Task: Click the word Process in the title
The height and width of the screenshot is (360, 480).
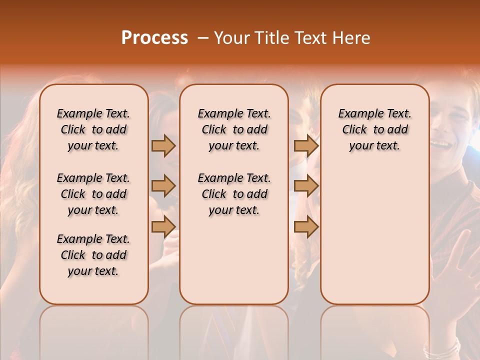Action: [x=154, y=38]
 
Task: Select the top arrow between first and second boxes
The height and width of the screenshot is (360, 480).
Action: [x=163, y=145]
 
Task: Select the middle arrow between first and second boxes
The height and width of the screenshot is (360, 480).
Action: [x=163, y=186]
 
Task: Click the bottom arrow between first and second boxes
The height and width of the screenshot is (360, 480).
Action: [x=163, y=226]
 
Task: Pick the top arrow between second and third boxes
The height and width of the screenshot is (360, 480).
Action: [x=306, y=145]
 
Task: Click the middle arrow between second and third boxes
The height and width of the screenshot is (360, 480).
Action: [x=306, y=186]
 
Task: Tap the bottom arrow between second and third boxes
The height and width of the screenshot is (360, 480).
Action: [x=306, y=226]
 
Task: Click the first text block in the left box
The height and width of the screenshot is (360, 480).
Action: [x=93, y=129]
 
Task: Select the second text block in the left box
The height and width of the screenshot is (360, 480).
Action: [x=93, y=194]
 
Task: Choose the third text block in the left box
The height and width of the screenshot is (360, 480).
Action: [x=93, y=255]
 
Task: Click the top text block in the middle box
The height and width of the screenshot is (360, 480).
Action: [x=234, y=129]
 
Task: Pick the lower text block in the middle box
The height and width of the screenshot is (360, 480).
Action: [x=234, y=194]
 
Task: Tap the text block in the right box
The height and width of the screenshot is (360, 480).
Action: [x=374, y=129]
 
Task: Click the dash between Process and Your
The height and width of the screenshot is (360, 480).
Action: [x=203, y=38]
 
